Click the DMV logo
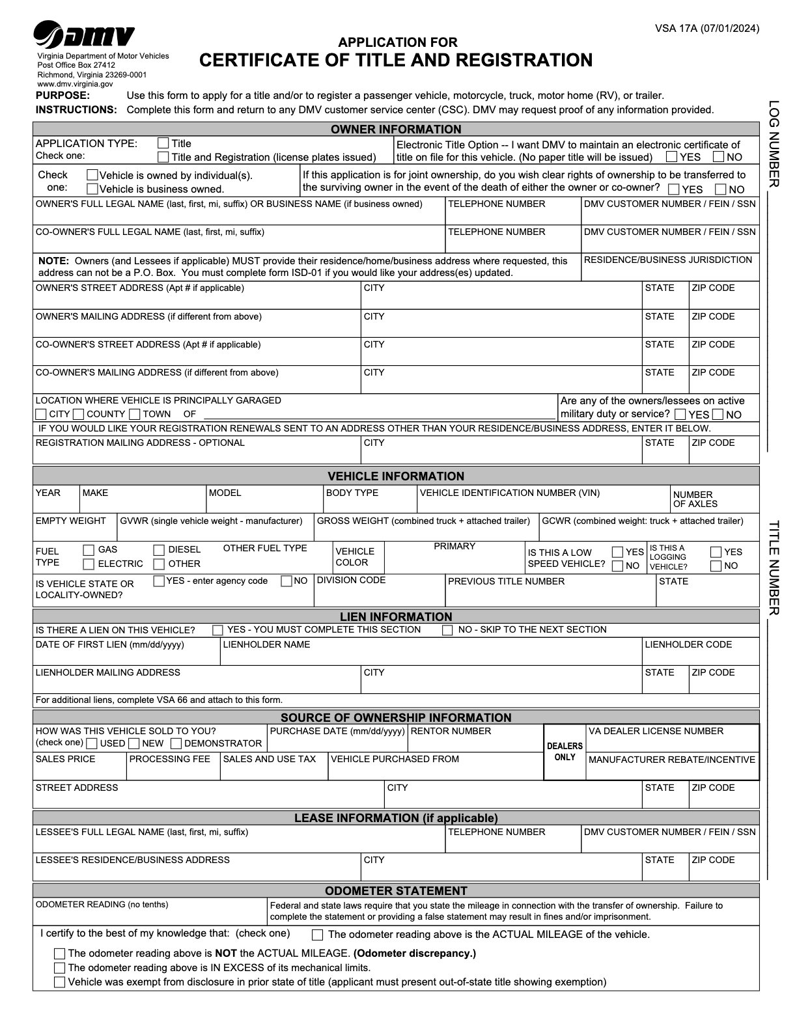click(x=84, y=35)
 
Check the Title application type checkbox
click(x=163, y=143)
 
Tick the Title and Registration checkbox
click(x=163, y=157)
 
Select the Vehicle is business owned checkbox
click(x=92, y=189)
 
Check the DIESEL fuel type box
click(x=159, y=550)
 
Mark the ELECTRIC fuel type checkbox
click(x=89, y=564)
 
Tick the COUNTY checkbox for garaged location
click(x=79, y=414)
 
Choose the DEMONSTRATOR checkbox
click(x=176, y=743)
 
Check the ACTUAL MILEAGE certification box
click(x=318, y=935)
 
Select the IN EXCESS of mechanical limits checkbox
click(x=60, y=968)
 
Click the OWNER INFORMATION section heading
click(x=396, y=129)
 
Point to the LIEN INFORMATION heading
click(x=396, y=616)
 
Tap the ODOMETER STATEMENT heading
click(x=396, y=890)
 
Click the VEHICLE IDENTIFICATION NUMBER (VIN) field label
click(x=510, y=493)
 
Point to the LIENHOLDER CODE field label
click(x=688, y=644)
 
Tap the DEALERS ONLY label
click(x=565, y=751)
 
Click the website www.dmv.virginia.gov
click(x=75, y=84)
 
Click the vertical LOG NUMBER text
click(x=774, y=143)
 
